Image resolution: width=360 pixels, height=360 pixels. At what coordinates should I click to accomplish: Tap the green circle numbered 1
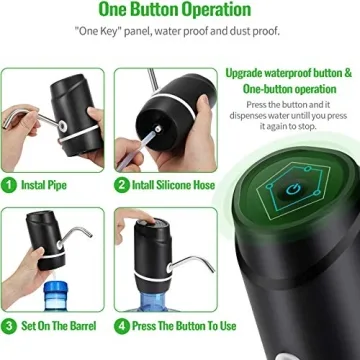click(x=9, y=185)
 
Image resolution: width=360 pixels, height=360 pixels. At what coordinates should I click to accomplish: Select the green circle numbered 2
click(x=122, y=185)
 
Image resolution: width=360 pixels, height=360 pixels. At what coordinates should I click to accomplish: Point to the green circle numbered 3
click(x=9, y=325)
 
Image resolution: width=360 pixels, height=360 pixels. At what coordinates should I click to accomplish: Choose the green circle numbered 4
click(x=122, y=325)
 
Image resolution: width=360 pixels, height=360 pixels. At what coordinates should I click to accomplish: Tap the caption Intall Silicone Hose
click(x=168, y=185)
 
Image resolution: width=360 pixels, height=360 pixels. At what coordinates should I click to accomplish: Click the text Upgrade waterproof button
click(x=288, y=73)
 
